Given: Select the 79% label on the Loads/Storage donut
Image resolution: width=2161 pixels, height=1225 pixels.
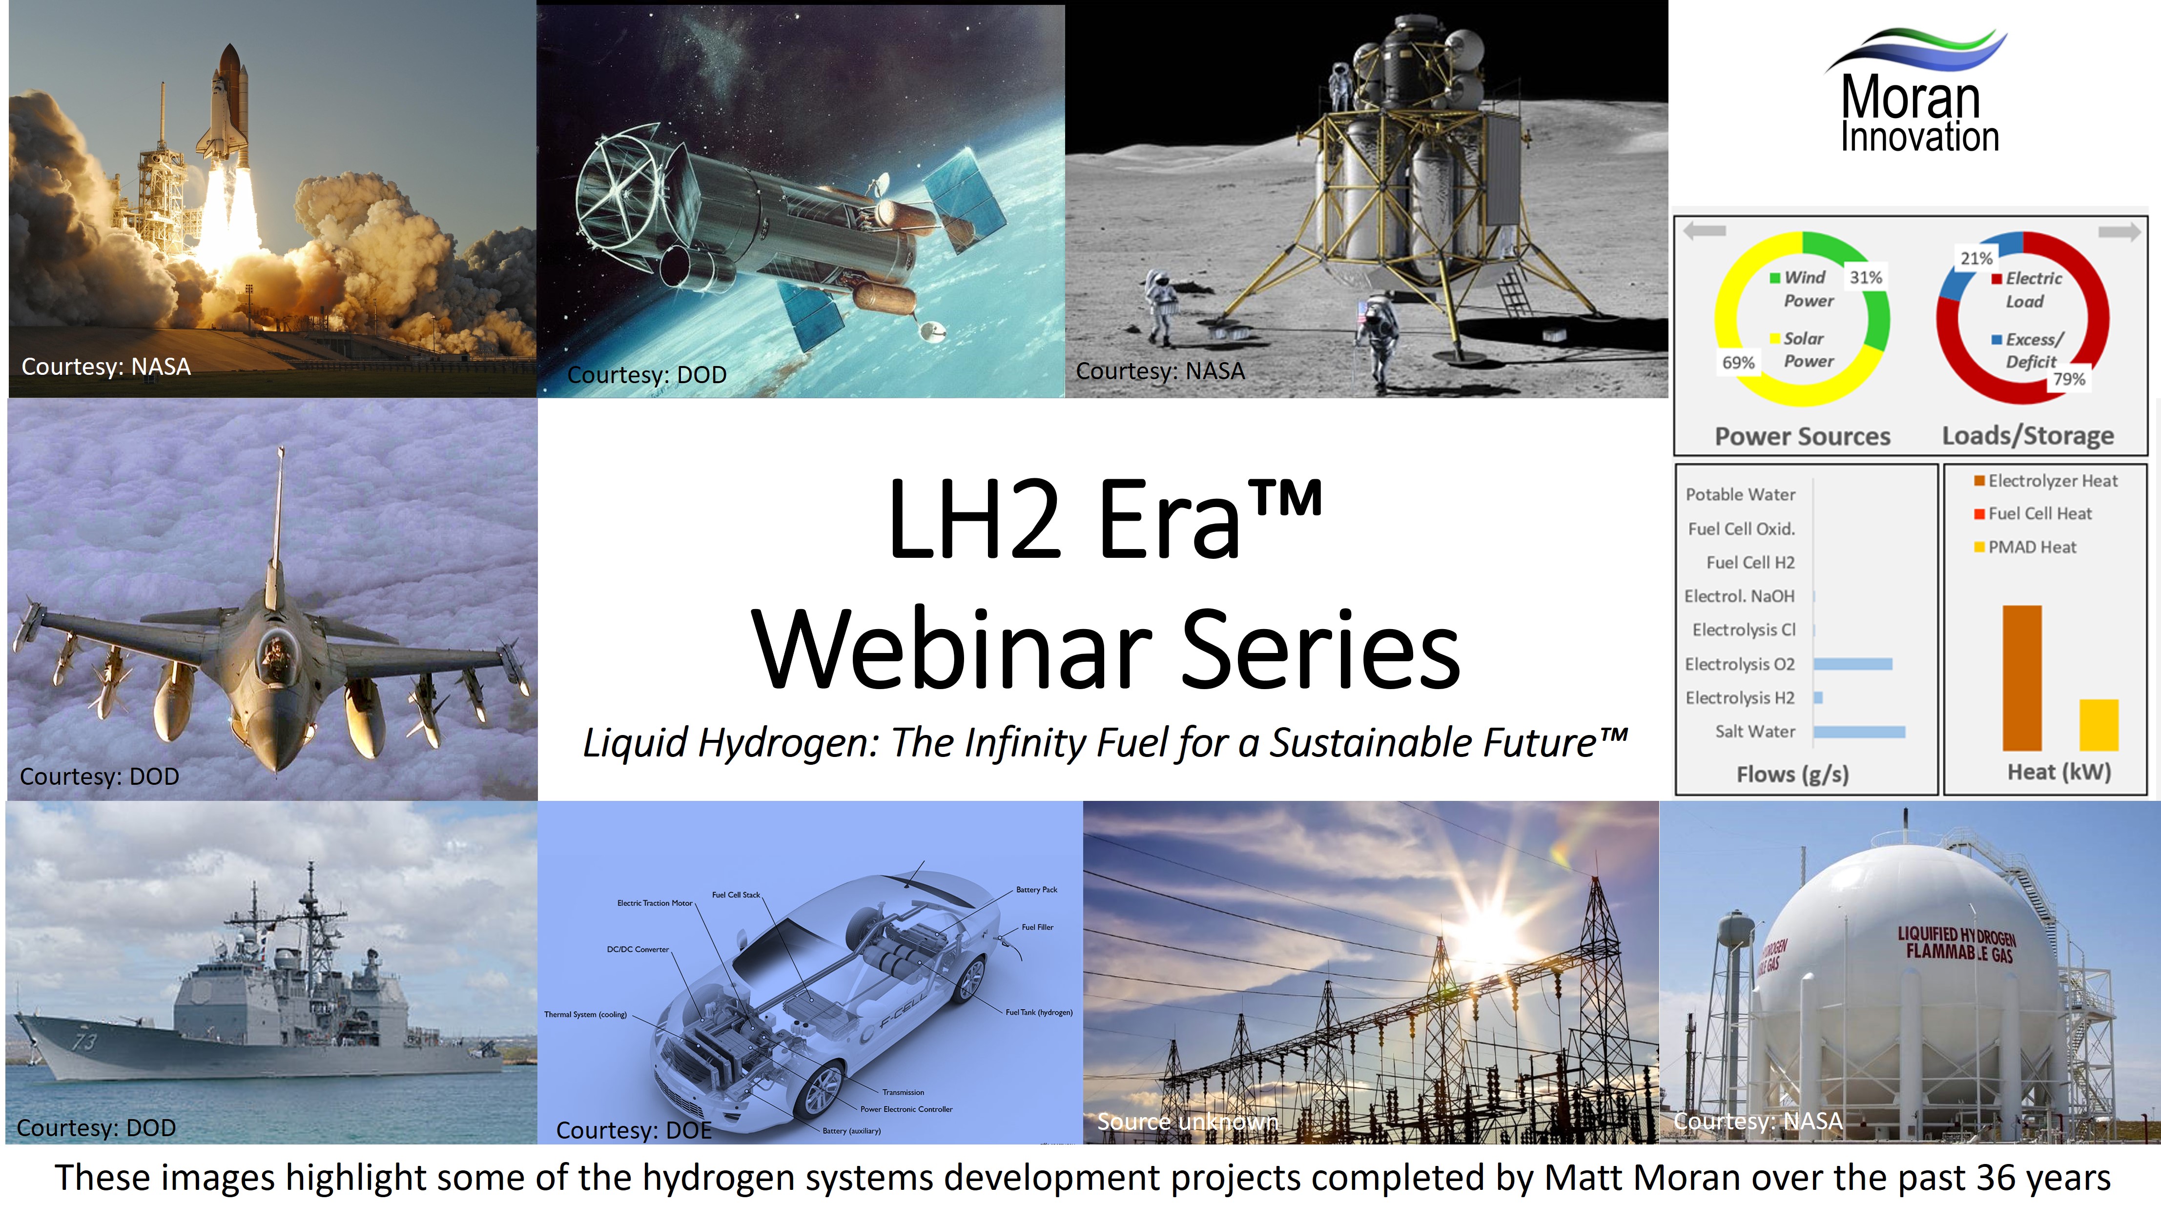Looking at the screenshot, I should [x=2068, y=379].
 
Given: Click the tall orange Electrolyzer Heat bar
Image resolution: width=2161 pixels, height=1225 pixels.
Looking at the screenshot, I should [x=2021, y=677].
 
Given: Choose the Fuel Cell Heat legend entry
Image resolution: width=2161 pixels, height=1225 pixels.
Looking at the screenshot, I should [x=2039, y=513].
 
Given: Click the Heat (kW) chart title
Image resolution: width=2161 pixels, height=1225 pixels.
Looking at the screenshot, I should [x=2058, y=772].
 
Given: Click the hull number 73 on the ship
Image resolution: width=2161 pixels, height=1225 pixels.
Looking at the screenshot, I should [x=84, y=1041].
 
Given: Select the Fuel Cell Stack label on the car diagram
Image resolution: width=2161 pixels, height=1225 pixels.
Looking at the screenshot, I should [x=736, y=895].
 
